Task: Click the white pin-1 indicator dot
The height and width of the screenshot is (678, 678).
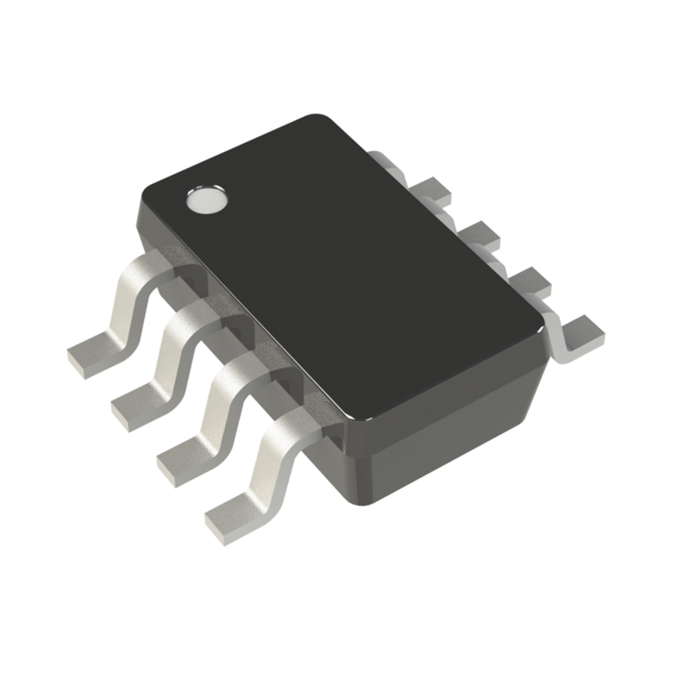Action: click(x=206, y=200)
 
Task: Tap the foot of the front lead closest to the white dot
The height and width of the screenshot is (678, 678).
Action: click(x=93, y=351)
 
